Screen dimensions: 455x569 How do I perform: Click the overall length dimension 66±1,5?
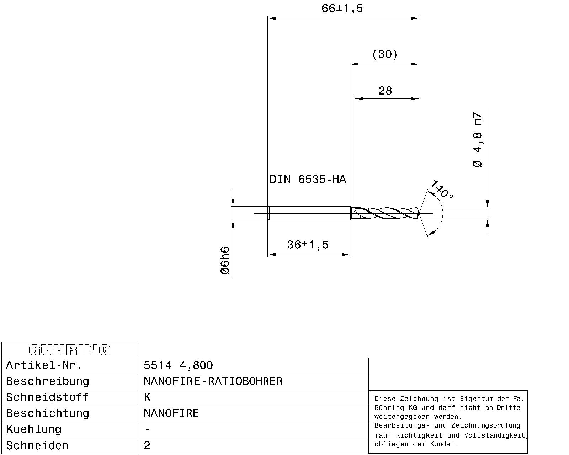342,9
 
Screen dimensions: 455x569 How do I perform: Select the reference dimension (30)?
384,54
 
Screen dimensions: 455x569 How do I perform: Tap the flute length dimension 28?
385,91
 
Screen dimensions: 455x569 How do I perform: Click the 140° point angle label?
442,189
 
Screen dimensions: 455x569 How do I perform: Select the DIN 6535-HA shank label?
308,179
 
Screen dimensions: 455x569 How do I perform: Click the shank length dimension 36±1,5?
308,245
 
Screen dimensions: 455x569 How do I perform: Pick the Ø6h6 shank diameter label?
225,261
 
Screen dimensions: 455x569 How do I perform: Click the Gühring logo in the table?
70,350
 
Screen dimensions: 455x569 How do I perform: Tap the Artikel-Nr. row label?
44,365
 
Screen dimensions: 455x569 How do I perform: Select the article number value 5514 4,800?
178,365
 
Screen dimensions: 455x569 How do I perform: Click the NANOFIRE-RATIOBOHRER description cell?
213,381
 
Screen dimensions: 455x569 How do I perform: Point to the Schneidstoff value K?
147,397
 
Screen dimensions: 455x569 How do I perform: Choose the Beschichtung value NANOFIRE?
171,413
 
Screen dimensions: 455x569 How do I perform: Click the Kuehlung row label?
34,429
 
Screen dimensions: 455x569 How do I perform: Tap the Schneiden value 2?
147,446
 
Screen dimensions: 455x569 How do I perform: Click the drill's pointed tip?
419,213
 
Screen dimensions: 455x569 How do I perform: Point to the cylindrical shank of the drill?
309,213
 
